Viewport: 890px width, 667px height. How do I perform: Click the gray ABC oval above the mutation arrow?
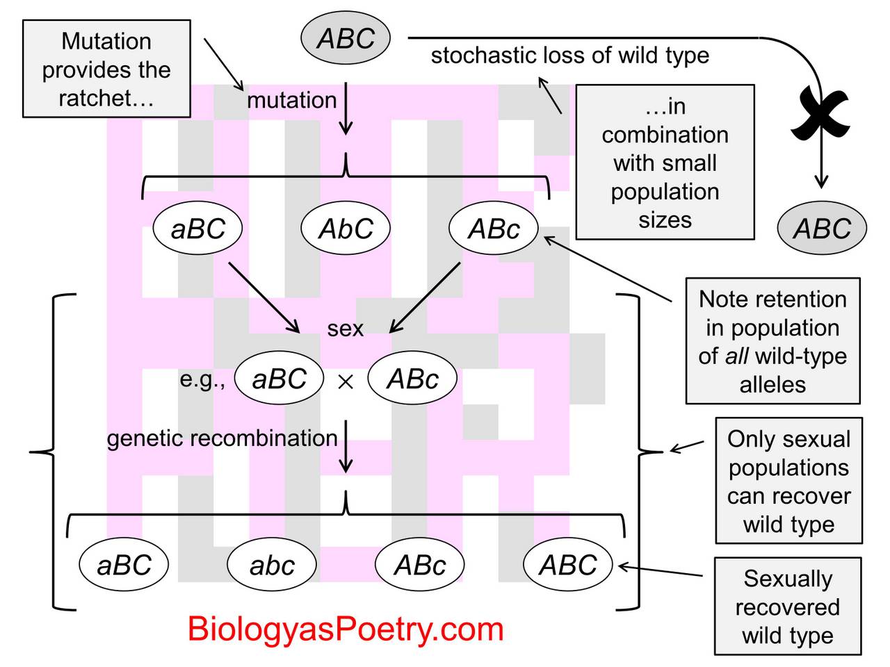(x=346, y=38)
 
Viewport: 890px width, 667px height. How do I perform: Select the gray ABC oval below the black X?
(x=822, y=229)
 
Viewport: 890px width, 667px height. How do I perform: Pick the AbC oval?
(x=346, y=229)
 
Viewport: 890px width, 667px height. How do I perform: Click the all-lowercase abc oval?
(x=272, y=565)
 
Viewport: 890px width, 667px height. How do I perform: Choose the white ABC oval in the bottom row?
(x=567, y=565)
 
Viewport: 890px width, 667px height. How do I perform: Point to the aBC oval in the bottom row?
(x=124, y=565)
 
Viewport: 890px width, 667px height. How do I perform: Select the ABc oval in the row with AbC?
(x=494, y=229)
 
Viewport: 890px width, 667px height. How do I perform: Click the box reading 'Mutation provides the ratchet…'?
(x=106, y=69)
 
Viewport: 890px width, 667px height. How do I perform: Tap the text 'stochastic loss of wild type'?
(x=569, y=56)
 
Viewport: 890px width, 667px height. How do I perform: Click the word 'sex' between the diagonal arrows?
(x=346, y=328)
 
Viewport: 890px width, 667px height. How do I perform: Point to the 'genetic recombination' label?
(x=222, y=438)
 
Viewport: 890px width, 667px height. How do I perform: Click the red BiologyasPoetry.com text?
(x=346, y=629)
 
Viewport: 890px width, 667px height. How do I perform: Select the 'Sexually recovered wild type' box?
(x=788, y=607)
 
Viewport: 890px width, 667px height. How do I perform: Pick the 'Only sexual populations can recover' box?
(x=788, y=481)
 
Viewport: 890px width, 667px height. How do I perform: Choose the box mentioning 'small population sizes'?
(x=665, y=163)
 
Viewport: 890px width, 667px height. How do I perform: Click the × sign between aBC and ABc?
(x=346, y=381)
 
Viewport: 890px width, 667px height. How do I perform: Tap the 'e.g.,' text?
(x=202, y=379)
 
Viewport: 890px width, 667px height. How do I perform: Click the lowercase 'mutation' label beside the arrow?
(x=292, y=101)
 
